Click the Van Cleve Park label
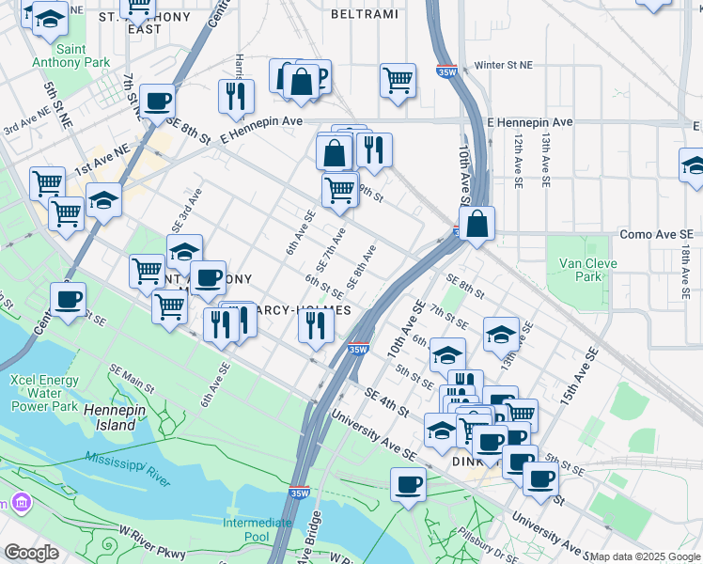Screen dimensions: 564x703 [588, 270]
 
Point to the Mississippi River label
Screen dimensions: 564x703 [127, 467]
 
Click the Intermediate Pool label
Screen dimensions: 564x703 [257, 529]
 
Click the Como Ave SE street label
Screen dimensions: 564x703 [656, 233]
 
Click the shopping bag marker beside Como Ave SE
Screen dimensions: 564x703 [477, 224]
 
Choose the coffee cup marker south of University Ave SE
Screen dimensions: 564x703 [407, 484]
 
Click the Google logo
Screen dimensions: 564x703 [31, 553]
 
